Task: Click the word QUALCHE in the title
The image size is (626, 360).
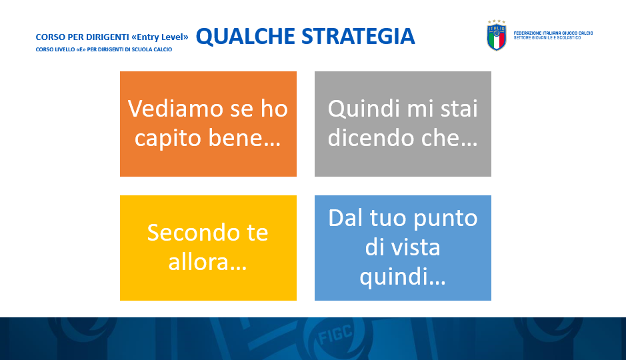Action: click(245, 36)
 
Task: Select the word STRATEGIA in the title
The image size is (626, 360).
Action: click(358, 36)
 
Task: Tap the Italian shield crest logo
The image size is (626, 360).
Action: click(496, 35)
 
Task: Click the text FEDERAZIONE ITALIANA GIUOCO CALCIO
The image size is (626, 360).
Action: click(553, 33)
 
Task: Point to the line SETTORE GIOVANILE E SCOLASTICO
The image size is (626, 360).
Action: click(547, 38)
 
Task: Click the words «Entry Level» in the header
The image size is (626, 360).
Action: click(160, 37)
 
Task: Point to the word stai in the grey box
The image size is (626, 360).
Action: click(459, 109)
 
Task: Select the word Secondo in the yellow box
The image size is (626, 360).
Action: click(193, 233)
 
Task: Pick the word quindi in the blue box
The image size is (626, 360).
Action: click(392, 278)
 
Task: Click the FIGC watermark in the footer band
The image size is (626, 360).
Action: click(336, 335)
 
